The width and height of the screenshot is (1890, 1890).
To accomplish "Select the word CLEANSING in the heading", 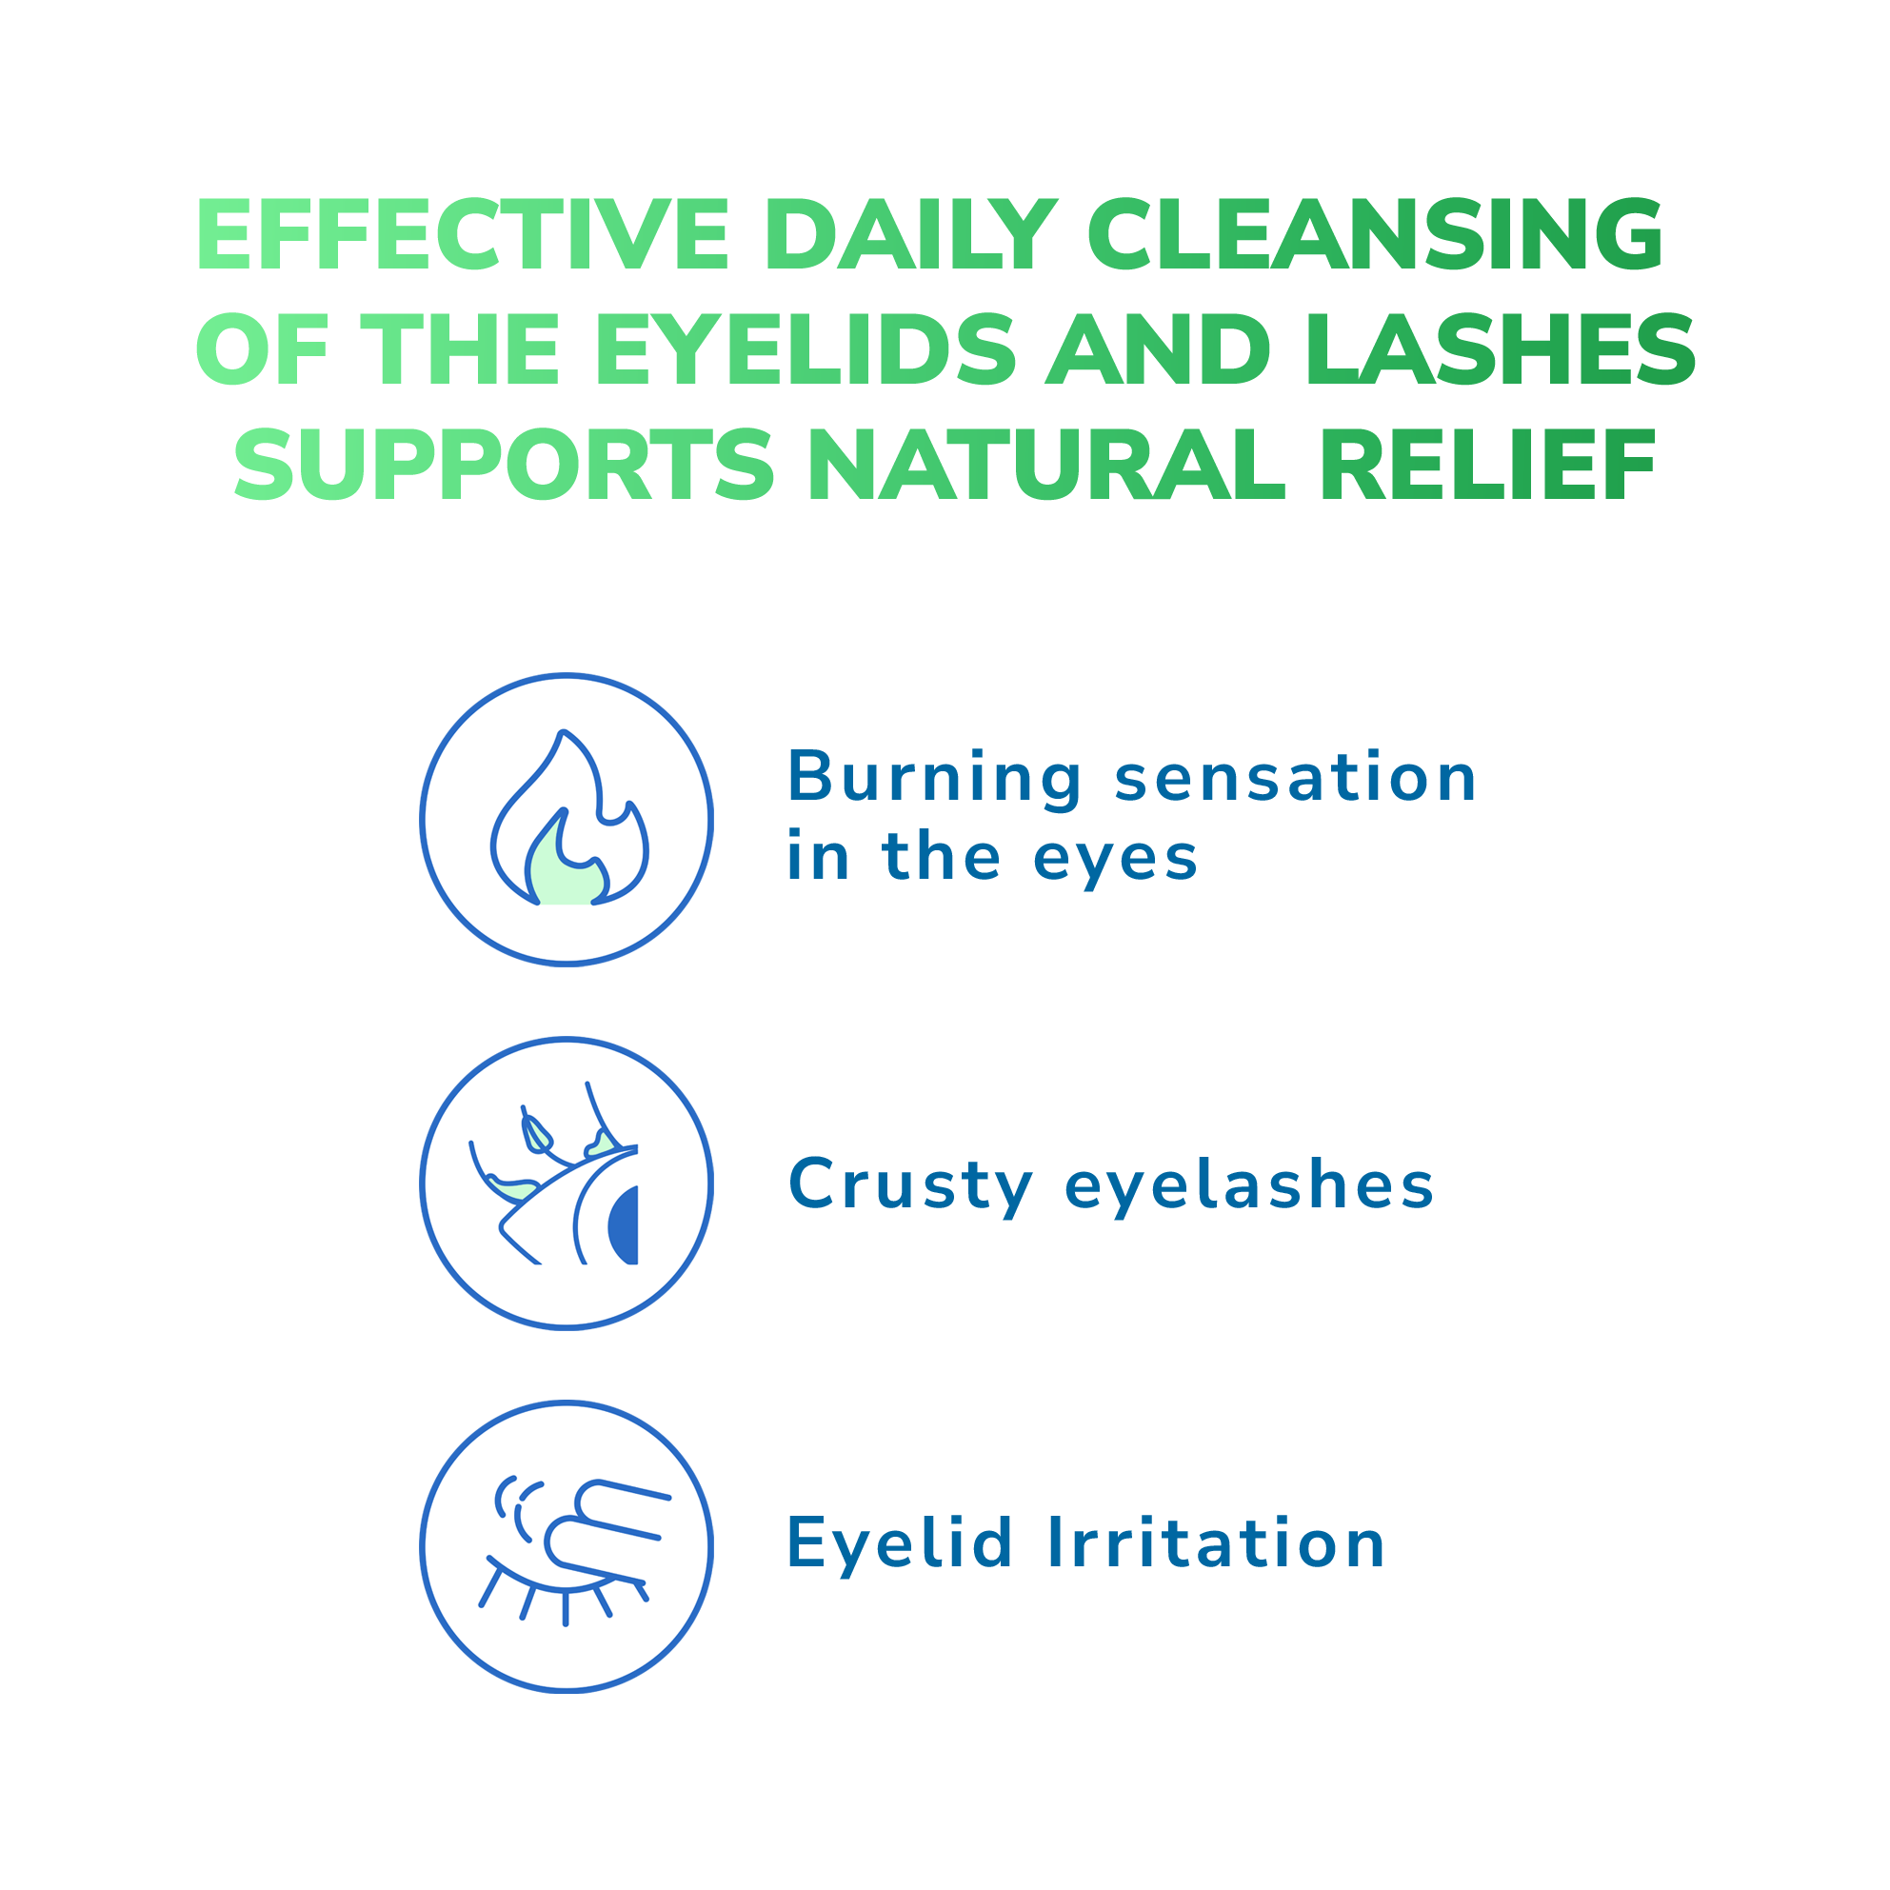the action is (1376, 235).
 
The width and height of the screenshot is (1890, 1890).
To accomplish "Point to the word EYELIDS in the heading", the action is (806, 349).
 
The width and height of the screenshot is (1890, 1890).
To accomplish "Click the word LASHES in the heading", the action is (1501, 349).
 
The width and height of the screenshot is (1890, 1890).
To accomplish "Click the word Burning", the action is (934, 780).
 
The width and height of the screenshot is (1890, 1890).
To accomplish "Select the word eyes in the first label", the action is (1115, 860).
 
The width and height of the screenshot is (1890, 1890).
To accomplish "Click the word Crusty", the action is (911, 1186).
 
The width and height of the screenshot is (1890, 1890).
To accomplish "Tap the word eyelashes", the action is (1249, 1185).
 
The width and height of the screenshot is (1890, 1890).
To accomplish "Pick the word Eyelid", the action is (899, 1546).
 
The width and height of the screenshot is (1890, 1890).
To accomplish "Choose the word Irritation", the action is (1216, 1544).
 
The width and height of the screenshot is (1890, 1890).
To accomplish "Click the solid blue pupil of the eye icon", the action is (625, 1225).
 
